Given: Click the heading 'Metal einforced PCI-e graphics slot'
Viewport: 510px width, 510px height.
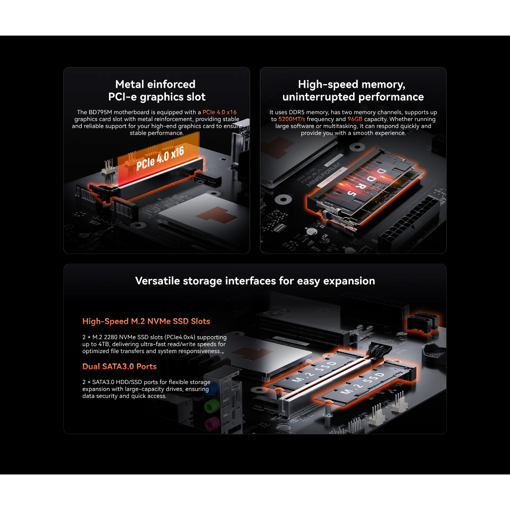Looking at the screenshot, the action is (x=156, y=91).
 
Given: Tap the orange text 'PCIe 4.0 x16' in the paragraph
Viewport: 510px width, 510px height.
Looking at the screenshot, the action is (x=220, y=112).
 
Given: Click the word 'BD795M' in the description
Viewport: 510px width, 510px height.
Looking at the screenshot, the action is (x=100, y=112).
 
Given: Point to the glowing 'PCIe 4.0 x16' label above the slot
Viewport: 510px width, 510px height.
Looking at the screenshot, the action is (x=160, y=158).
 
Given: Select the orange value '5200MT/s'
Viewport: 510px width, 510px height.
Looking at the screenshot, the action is (x=292, y=119).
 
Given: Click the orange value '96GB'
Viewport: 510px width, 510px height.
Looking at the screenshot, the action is (x=355, y=119).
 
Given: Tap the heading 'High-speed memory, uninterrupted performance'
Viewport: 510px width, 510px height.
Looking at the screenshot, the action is (x=353, y=91).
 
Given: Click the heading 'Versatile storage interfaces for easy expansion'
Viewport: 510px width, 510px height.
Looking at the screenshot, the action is (x=255, y=281).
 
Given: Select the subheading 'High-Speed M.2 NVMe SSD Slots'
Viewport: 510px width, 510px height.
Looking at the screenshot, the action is (x=146, y=321).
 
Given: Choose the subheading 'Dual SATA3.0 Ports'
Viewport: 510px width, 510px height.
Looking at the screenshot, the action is (x=120, y=366).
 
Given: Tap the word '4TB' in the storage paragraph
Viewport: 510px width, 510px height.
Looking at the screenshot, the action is (x=104, y=344).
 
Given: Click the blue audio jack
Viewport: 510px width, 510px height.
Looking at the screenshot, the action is (x=212, y=388).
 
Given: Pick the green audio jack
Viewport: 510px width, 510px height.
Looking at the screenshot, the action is (x=211, y=406).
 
